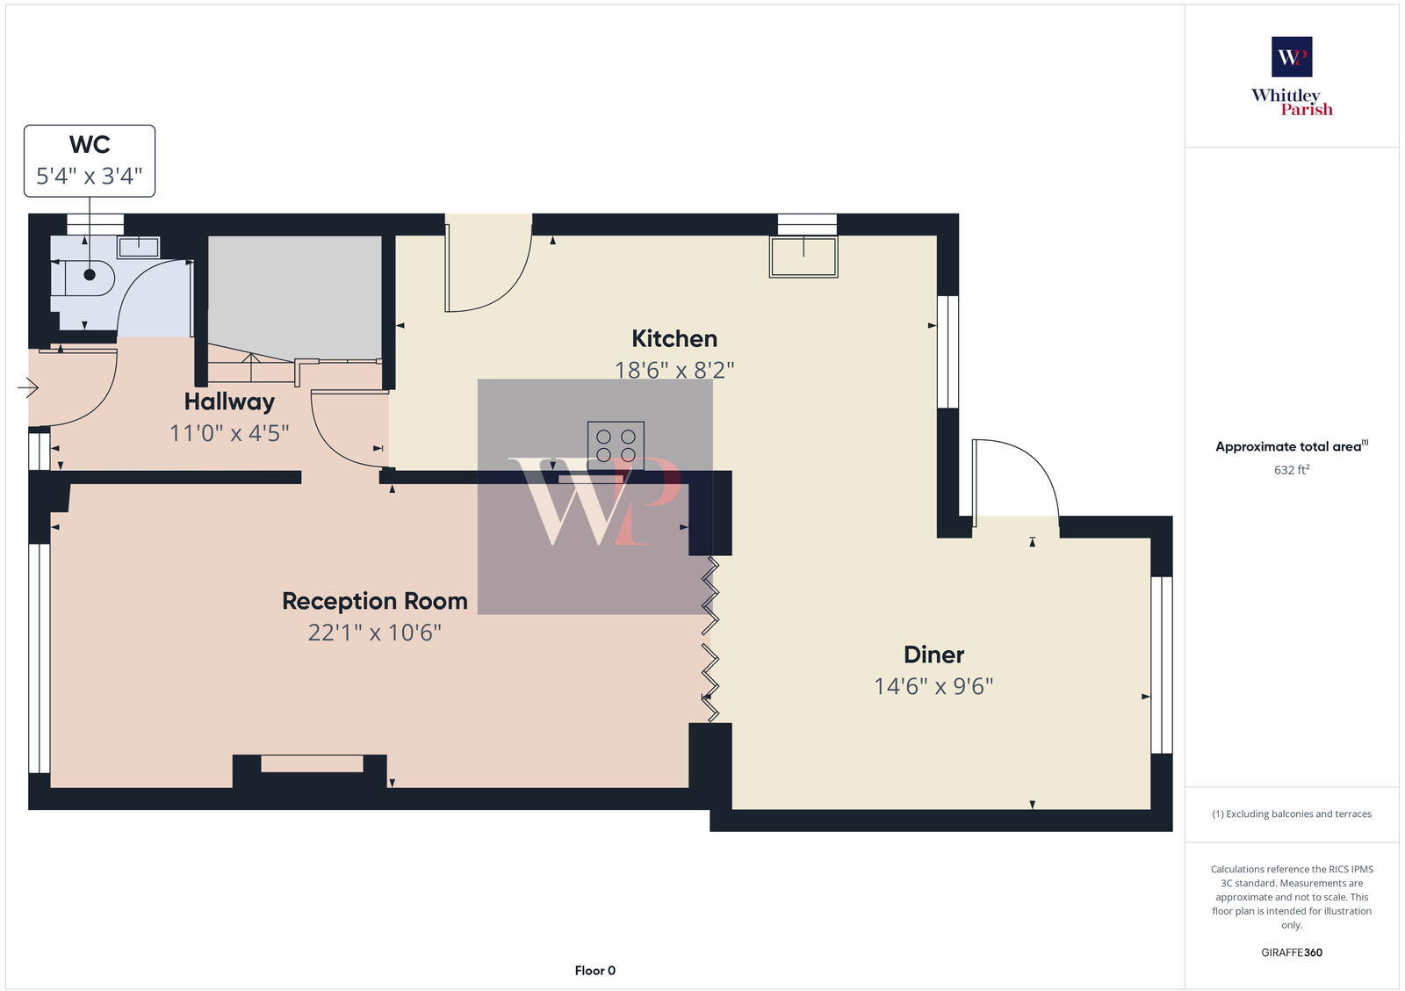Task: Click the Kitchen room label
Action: (x=674, y=339)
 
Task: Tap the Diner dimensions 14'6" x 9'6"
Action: (x=933, y=686)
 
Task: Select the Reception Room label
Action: (x=375, y=602)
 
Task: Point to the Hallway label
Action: (x=229, y=402)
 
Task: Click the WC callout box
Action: (x=90, y=161)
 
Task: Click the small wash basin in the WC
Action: (x=138, y=247)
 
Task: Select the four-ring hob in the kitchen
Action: (x=616, y=443)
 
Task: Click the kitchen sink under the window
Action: (x=803, y=257)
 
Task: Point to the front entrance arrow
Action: (x=28, y=387)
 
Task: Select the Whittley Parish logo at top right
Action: (x=1292, y=77)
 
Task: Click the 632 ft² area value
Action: (x=1292, y=470)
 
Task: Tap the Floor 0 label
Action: (x=595, y=971)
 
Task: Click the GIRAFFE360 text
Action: (x=1292, y=952)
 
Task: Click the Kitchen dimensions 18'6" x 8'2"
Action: (x=674, y=370)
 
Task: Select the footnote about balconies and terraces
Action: (x=1292, y=814)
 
